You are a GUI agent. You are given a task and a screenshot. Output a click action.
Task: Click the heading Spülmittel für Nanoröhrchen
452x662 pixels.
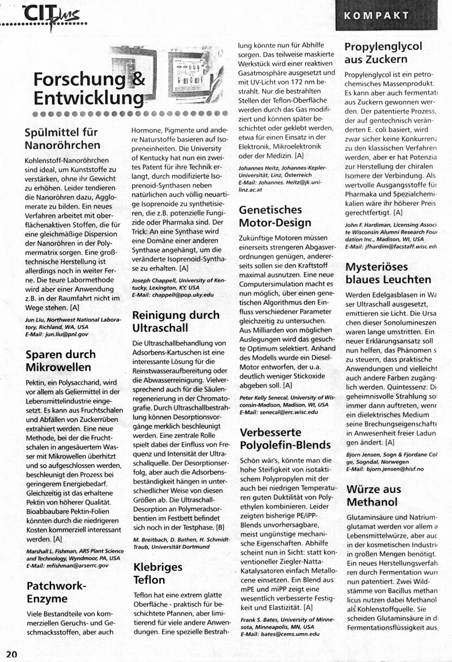click(62, 139)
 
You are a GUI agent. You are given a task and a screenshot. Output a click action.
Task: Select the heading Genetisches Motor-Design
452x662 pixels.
click(275, 216)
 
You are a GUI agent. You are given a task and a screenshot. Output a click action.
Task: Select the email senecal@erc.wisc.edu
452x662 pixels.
click(289, 412)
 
